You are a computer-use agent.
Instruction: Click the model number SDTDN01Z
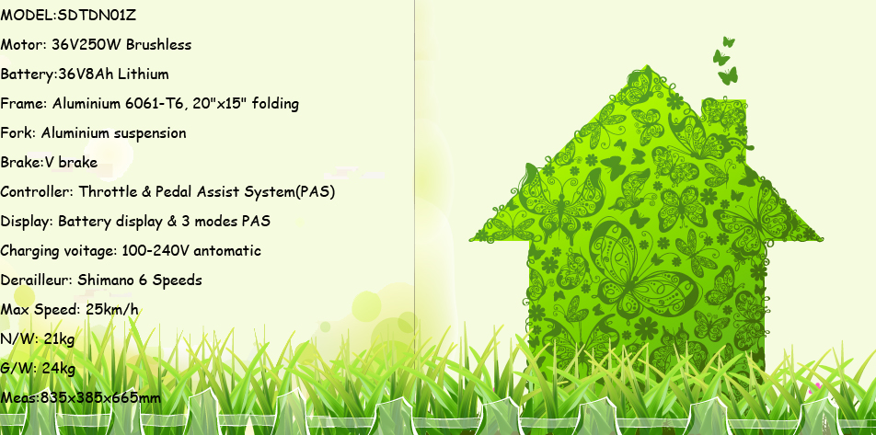pyautogui.click(x=98, y=16)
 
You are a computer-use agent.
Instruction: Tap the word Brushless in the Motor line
pyautogui.click(x=158, y=45)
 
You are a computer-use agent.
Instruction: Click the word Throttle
pyautogui.click(x=106, y=192)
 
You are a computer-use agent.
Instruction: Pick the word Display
pyautogui.click(x=28, y=222)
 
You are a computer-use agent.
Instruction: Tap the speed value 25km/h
pyautogui.click(x=112, y=309)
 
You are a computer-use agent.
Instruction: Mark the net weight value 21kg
pyautogui.click(x=59, y=339)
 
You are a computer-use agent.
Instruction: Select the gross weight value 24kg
pyautogui.click(x=59, y=369)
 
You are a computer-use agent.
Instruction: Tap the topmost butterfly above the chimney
pyautogui.click(x=729, y=42)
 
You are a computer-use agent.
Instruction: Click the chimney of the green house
pyautogui.click(x=724, y=120)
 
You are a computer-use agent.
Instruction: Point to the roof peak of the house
pyautogui.click(x=647, y=66)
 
